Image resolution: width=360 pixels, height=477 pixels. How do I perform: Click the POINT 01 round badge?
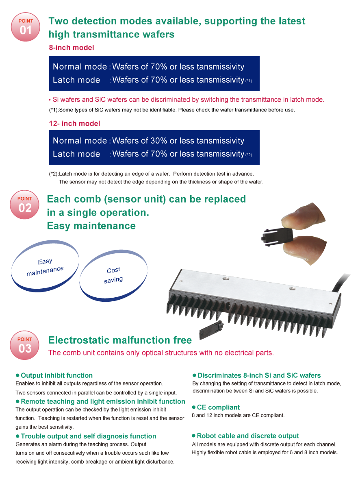click(x=26, y=27)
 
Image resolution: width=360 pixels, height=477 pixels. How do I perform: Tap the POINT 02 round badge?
click(x=25, y=205)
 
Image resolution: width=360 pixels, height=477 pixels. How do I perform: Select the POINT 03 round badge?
click(x=25, y=345)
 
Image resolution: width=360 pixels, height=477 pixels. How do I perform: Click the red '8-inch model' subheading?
click(x=72, y=48)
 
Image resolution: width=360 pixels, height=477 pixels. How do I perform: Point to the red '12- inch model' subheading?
click(x=74, y=124)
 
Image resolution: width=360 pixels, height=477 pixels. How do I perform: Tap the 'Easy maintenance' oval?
click(x=45, y=266)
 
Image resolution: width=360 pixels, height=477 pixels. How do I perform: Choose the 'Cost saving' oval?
click(x=113, y=275)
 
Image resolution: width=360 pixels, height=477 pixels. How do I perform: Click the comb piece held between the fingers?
click(x=277, y=235)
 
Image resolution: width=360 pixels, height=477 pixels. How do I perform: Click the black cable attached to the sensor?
click(x=341, y=283)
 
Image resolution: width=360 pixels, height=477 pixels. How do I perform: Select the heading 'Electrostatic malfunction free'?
click(x=120, y=340)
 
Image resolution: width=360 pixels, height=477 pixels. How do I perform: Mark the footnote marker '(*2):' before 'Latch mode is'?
click(x=54, y=174)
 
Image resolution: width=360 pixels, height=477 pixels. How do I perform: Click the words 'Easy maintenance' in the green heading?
click(x=91, y=226)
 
